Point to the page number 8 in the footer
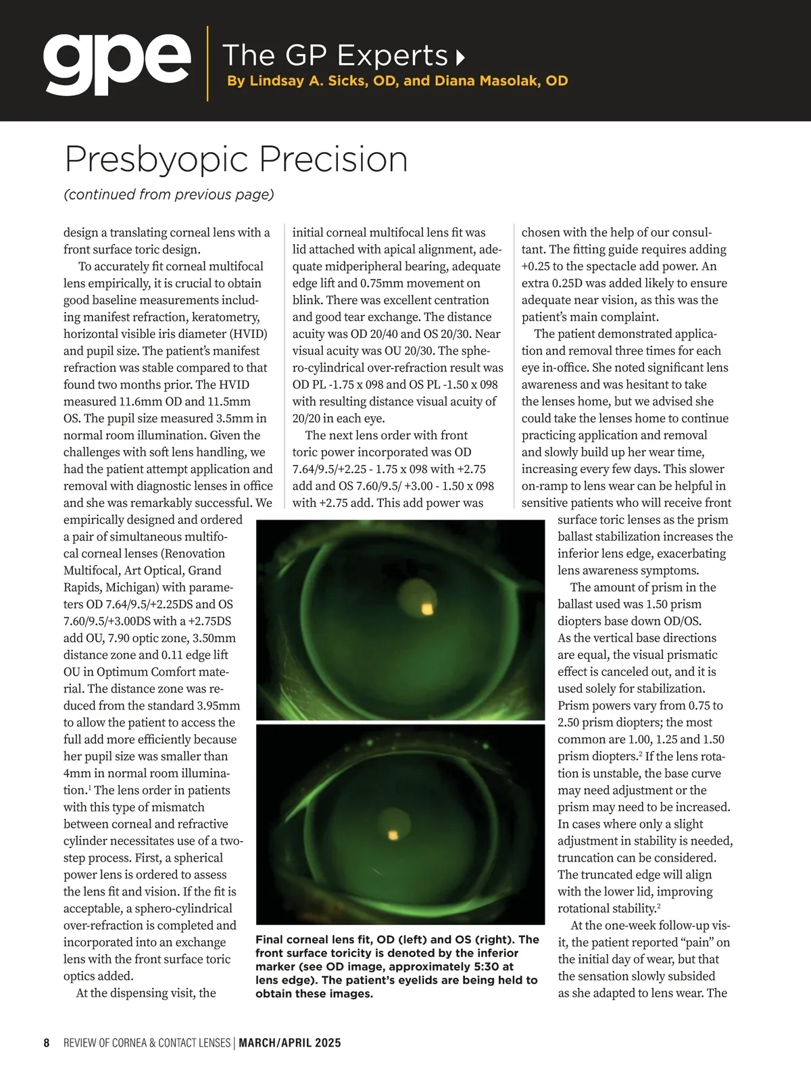pos(47,1043)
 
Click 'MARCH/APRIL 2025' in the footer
pos(290,1043)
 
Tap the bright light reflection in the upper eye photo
pos(426,610)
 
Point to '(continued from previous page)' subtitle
pos(169,195)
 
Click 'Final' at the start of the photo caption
pos(270,939)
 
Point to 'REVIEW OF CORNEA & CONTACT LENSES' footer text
pos(147,1043)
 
